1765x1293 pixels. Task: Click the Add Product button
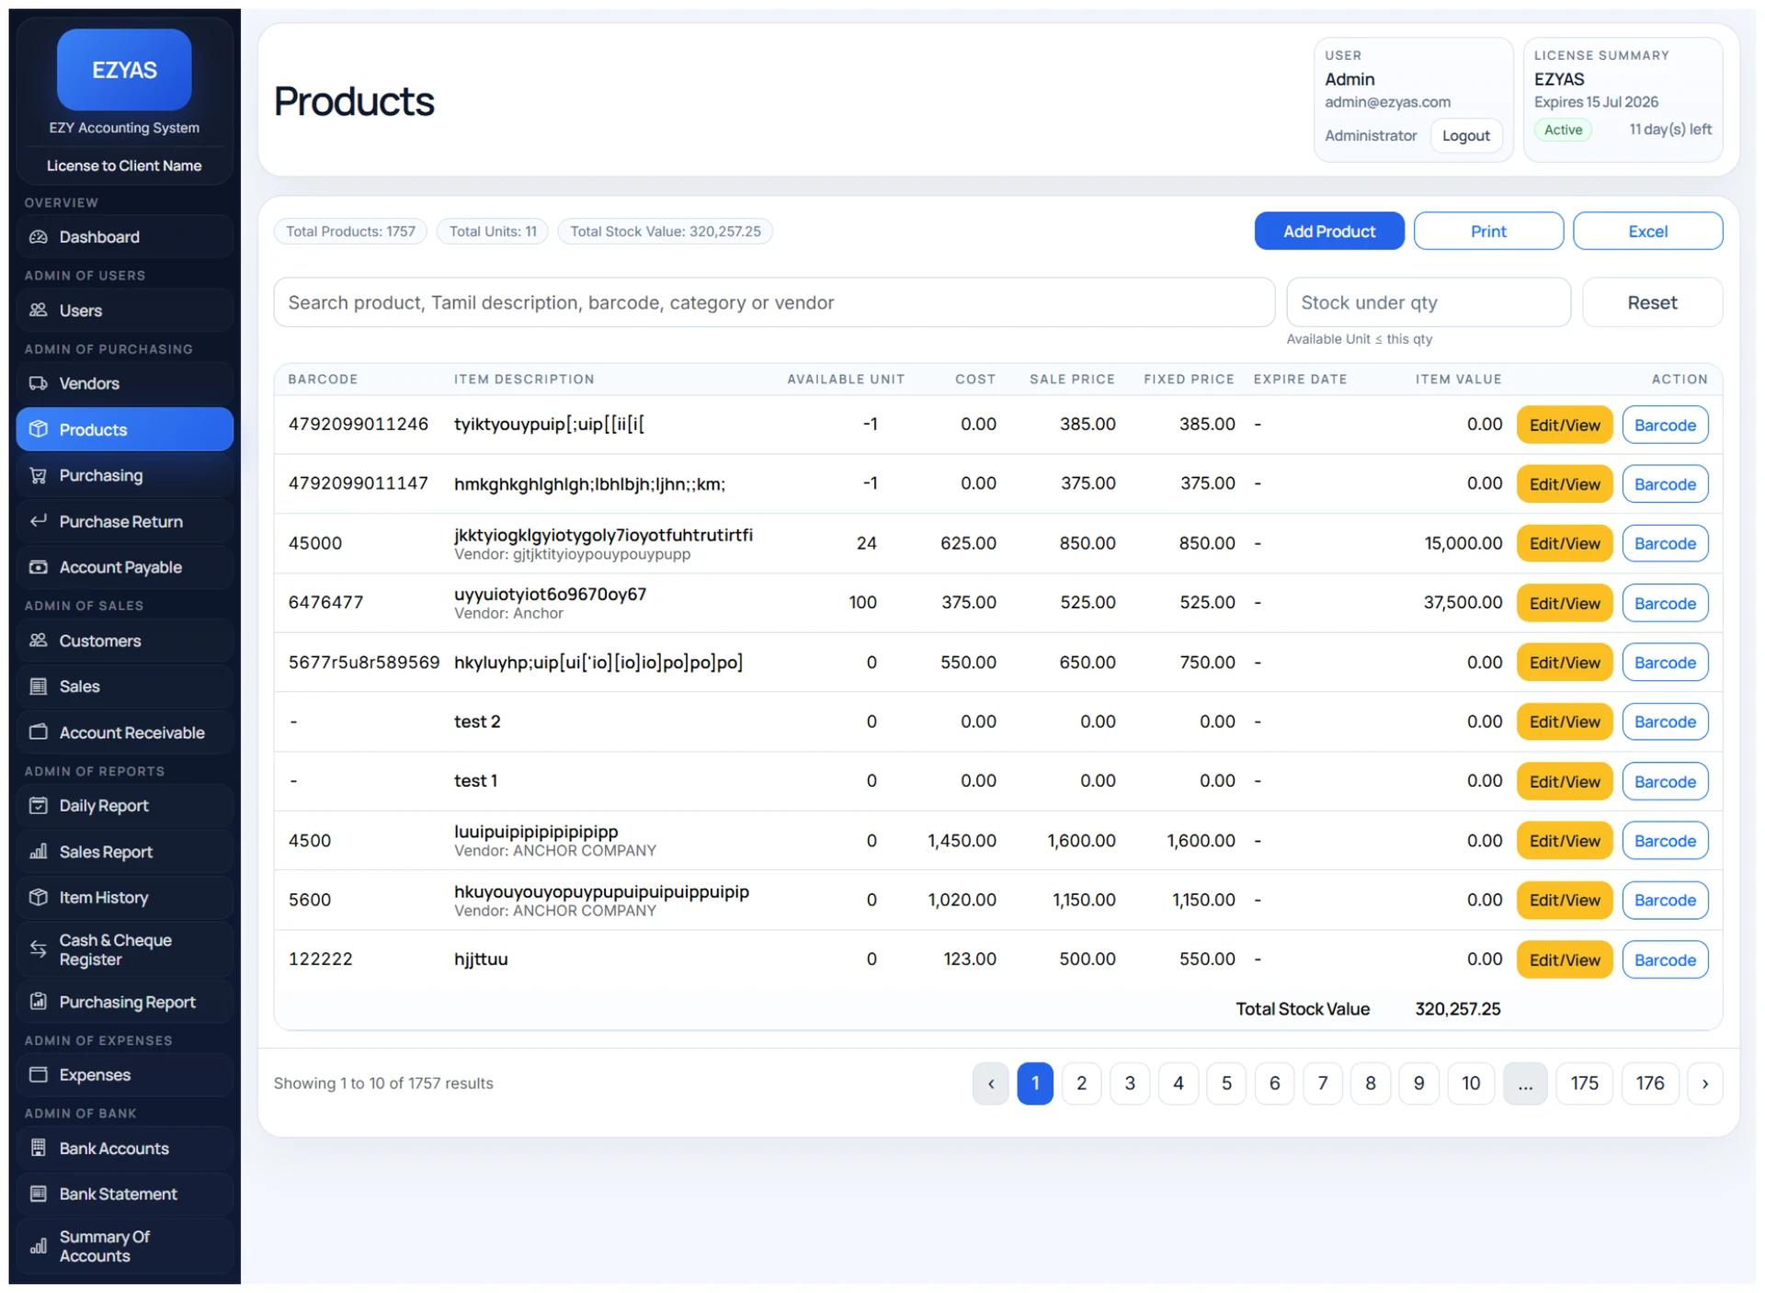pyautogui.click(x=1328, y=231)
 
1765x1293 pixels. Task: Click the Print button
pyautogui.click(x=1487, y=231)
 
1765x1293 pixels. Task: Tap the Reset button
pyautogui.click(x=1652, y=302)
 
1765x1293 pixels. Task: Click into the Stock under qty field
pyautogui.click(x=1428, y=302)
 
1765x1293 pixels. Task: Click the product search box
pyautogui.click(x=774, y=302)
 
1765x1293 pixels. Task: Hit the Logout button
pyautogui.click(x=1465, y=135)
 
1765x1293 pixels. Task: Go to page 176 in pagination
pyautogui.click(x=1649, y=1083)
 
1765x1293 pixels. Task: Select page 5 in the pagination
pyautogui.click(x=1226, y=1083)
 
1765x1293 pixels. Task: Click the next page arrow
pyautogui.click(x=1704, y=1083)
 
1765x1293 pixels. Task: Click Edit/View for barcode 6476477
pyautogui.click(x=1564, y=603)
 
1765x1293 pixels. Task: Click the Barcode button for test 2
pyautogui.click(x=1665, y=721)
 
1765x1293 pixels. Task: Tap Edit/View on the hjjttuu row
pyautogui.click(x=1564, y=959)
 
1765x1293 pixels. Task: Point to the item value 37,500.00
pyautogui.click(x=1463, y=602)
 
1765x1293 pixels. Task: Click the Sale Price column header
pyautogui.click(x=1072, y=379)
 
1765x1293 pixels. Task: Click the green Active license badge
pyautogui.click(x=1563, y=130)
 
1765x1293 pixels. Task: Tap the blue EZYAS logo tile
pyautogui.click(x=124, y=70)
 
